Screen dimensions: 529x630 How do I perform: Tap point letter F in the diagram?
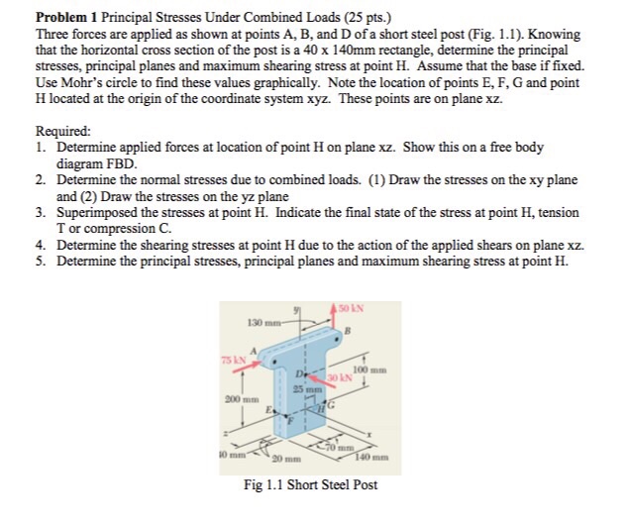289,421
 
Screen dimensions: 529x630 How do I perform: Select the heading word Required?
62,130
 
